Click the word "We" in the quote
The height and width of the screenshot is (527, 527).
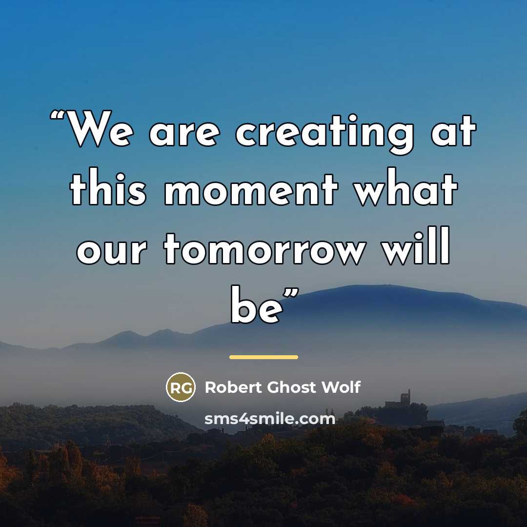tap(100, 129)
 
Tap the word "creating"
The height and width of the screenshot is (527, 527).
tap(325, 134)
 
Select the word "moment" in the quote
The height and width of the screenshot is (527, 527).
tap(251, 189)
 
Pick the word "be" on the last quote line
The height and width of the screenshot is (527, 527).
tap(257, 304)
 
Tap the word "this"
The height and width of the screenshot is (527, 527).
tap(108, 186)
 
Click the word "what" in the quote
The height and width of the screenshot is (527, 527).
tap(406, 186)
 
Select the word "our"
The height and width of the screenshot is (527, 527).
tap(112, 252)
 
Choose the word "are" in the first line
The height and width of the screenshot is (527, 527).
tap(184, 134)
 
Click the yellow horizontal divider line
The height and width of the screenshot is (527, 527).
tap(263, 357)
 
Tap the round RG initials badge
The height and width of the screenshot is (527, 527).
tap(181, 387)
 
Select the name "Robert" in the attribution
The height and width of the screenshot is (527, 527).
tap(233, 387)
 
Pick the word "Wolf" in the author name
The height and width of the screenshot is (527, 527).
tap(341, 387)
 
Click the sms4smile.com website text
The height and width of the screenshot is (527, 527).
tap(270, 419)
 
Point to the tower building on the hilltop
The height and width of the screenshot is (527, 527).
tap(405, 398)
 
